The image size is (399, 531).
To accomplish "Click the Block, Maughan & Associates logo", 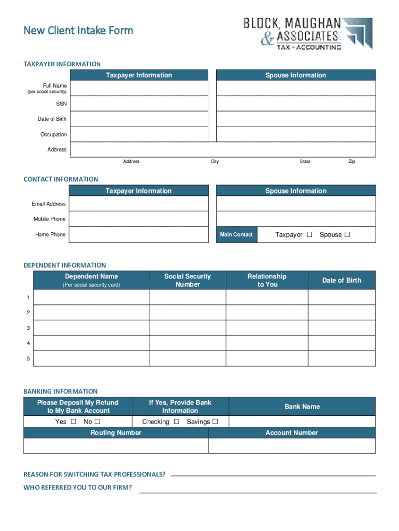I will point(308,34).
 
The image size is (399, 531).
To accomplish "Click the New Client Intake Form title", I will point(78,31).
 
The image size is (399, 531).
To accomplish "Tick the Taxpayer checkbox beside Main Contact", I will point(309,234).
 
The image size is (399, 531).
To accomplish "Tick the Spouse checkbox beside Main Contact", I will point(347,234).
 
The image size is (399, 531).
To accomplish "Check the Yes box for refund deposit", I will point(73,422).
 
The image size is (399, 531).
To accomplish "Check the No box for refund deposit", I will point(97,422).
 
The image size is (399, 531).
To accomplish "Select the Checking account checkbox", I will point(177,422).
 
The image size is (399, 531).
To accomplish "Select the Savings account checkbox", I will point(215,422).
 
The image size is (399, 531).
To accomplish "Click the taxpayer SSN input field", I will point(138,104).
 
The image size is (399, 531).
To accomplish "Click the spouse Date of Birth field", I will point(295,119).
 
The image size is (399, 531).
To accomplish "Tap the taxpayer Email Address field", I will point(138,204).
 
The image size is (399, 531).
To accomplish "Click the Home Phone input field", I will point(138,234).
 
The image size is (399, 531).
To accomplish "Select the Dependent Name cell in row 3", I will point(91,328).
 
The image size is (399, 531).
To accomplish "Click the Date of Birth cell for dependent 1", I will point(341,297).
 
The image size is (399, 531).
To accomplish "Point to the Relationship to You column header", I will point(267,281).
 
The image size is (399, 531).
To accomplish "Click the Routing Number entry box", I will point(116,446).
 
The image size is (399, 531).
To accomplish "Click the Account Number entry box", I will point(292,446).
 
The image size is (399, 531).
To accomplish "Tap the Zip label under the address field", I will point(352,162).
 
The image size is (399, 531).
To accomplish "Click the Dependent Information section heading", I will point(65,265).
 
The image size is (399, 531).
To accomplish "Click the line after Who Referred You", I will point(258,492).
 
